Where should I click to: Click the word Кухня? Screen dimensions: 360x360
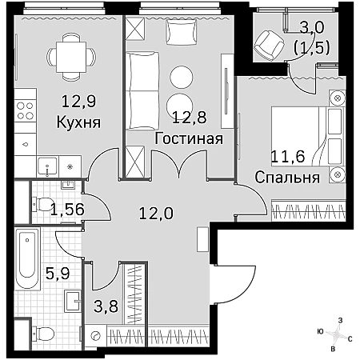pyautogui.click(x=78, y=122)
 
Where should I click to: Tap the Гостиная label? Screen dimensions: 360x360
pyautogui.click(x=189, y=138)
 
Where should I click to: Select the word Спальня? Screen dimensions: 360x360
pyautogui.click(x=287, y=178)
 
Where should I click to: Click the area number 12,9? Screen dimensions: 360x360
pyautogui.click(x=78, y=102)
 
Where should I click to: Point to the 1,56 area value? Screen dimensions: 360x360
pyautogui.click(x=68, y=209)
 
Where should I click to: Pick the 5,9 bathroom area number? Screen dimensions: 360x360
pyautogui.click(x=58, y=274)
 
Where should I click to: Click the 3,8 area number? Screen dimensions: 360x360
pyautogui.click(x=106, y=306)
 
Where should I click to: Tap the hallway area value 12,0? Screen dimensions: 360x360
pyautogui.click(x=156, y=214)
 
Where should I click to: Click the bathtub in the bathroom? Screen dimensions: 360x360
pyautogui.click(x=27, y=258)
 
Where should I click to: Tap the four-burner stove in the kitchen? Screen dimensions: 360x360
pyautogui.click(x=26, y=110)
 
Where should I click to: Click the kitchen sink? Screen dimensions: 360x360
pyautogui.click(x=48, y=167)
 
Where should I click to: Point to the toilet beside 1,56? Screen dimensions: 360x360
pyautogui.click(x=43, y=205)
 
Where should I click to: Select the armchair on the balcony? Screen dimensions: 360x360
pyautogui.click(x=269, y=45)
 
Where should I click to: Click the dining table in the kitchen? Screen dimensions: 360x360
pyautogui.click(x=71, y=57)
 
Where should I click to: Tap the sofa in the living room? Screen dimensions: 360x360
pyautogui.click(x=142, y=91)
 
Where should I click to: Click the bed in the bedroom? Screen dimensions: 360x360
pyautogui.click(x=307, y=137)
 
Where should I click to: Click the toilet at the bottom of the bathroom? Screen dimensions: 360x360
pyautogui.click(x=43, y=334)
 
